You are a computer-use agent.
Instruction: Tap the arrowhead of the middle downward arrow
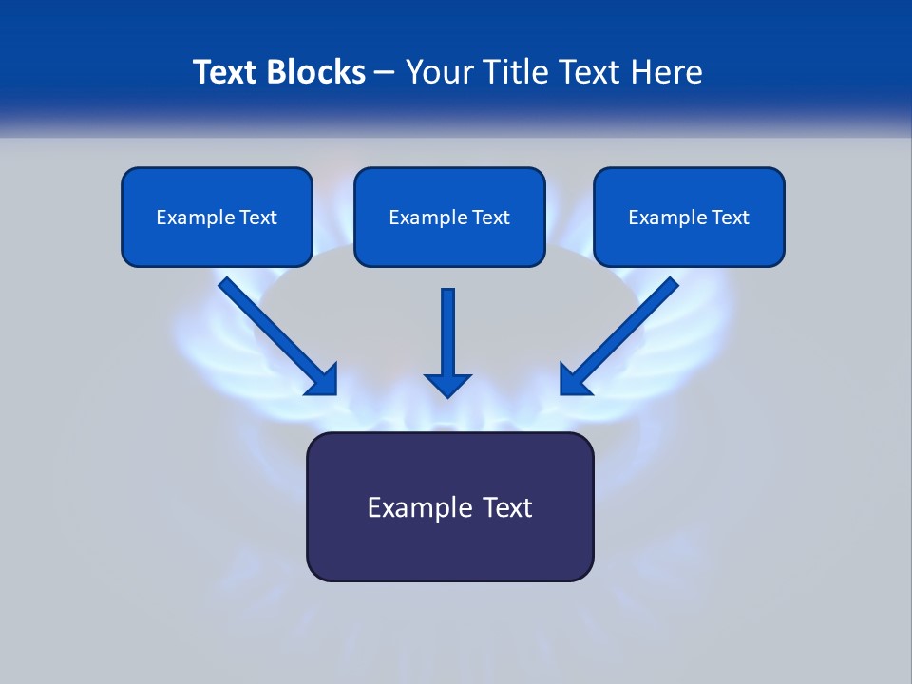pos(447,385)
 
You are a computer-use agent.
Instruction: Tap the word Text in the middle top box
pos(490,218)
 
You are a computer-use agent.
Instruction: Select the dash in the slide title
pos(386,72)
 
